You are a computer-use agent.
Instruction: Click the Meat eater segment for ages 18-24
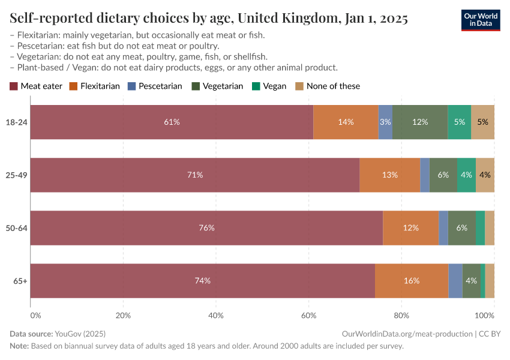[x=172, y=122]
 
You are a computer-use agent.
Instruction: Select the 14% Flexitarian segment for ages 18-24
[x=346, y=122]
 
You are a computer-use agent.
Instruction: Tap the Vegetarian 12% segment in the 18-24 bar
[x=420, y=122]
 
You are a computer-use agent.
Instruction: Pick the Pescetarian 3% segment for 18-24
[x=385, y=122]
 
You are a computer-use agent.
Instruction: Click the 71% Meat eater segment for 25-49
[x=195, y=175]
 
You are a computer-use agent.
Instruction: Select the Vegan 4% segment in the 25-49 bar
[x=466, y=175]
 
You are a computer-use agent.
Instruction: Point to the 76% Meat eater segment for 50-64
[x=206, y=228]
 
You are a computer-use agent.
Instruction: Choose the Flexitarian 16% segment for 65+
[x=412, y=281]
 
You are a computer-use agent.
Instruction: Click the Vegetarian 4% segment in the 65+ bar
[x=472, y=281]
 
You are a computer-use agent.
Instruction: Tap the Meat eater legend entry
[x=36, y=86]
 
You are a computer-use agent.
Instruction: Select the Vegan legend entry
[x=269, y=86]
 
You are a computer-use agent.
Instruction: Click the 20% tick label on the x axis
[x=123, y=316]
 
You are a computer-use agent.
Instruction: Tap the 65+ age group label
[x=20, y=281]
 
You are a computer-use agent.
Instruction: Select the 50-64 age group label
[x=17, y=228]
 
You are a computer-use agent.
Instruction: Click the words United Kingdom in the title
[x=288, y=19]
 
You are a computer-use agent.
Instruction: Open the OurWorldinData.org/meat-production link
[x=406, y=333]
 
